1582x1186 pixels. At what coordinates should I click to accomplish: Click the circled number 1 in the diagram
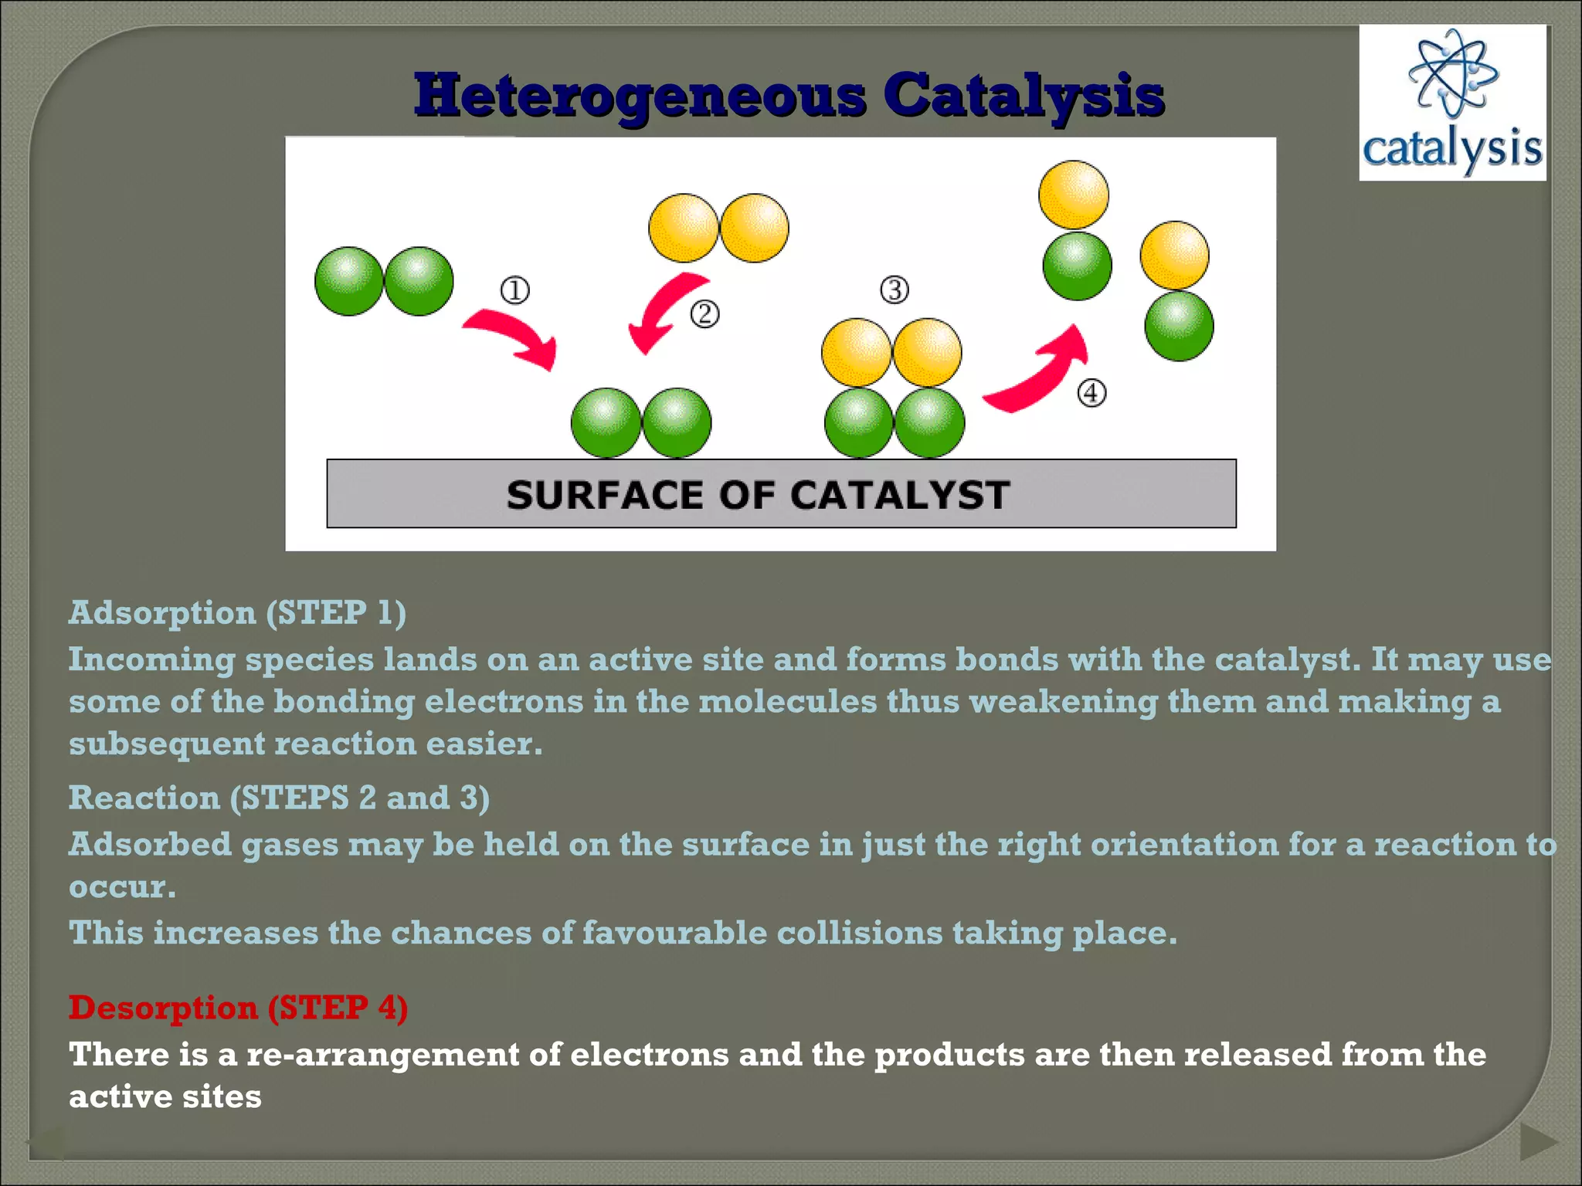(515, 291)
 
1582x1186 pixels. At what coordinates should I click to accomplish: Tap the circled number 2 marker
(704, 314)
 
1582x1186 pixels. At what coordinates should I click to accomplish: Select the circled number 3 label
(895, 290)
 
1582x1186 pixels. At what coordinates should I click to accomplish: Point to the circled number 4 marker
(1091, 393)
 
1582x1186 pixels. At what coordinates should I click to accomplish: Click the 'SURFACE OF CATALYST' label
(758, 495)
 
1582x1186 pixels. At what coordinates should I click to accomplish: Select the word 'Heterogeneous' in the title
(640, 96)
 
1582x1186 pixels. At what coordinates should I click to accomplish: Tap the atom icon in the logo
(1453, 74)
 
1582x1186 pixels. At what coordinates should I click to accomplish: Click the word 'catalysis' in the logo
(1452, 148)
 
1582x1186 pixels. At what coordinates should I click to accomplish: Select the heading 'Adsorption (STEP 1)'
(237, 613)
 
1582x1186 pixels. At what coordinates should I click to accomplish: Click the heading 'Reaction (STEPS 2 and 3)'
(279, 798)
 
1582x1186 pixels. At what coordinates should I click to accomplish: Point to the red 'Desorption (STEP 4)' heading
(238, 1008)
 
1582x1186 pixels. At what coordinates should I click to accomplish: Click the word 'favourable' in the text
(674, 934)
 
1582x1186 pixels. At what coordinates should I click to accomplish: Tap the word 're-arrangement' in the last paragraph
(382, 1055)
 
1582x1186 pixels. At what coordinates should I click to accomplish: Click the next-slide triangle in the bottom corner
(1537, 1142)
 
